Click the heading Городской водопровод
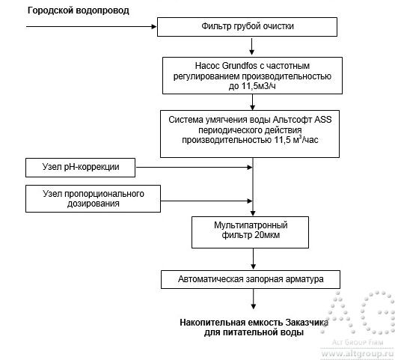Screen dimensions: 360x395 pyautogui.click(x=78, y=10)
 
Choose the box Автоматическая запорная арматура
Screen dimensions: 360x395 pyautogui.click(x=253, y=279)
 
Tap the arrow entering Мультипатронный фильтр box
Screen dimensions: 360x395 pyautogui.click(x=253, y=210)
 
